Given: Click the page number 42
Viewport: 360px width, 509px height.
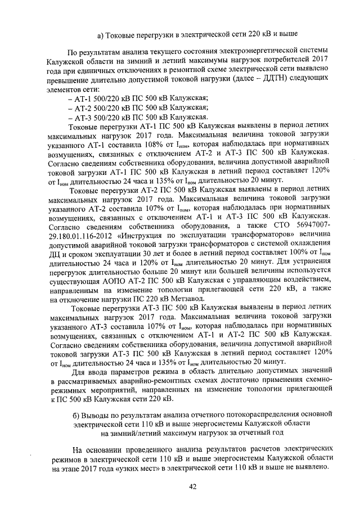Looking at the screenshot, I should coord(192,487).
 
